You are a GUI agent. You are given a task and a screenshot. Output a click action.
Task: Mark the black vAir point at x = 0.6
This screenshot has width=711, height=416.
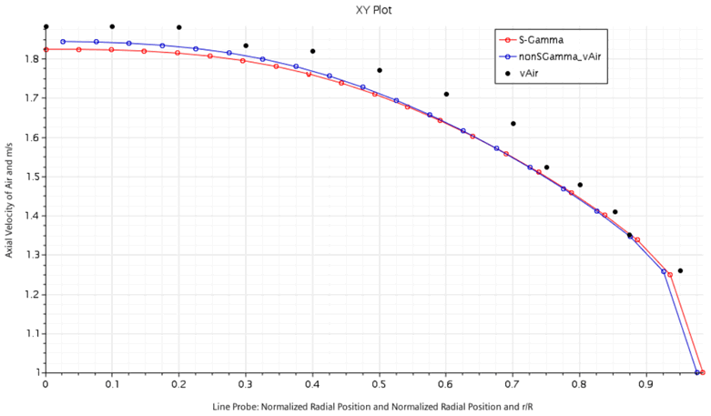tap(446, 94)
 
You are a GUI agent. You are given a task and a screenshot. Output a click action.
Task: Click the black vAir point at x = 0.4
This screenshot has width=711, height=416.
tap(312, 51)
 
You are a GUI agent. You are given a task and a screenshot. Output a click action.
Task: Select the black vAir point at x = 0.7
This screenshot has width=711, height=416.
tap(513, 124)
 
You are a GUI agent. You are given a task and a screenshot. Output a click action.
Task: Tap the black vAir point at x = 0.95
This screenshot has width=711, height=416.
tap(680, 270)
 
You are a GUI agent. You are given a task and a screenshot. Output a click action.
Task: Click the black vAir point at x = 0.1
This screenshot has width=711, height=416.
tap(112, 26)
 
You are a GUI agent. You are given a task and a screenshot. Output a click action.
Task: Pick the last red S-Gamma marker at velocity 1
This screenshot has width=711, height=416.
tap(703, 372)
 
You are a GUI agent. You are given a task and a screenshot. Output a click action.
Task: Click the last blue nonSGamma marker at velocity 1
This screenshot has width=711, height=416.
tap(696, 372)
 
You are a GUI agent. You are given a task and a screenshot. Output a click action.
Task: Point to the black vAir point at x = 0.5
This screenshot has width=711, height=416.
tap(380, 70)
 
